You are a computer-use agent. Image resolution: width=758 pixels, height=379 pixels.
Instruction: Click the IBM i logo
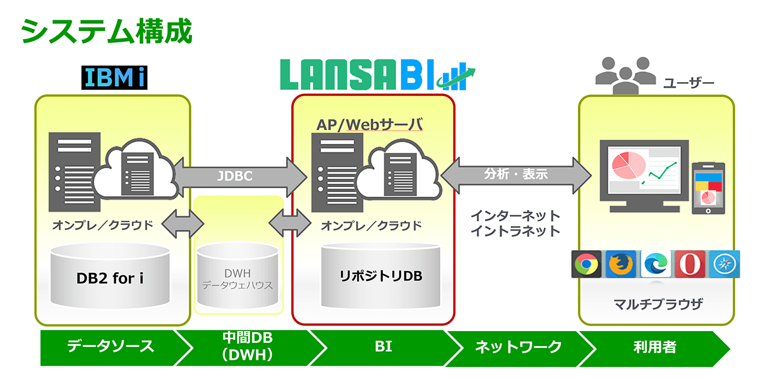114,78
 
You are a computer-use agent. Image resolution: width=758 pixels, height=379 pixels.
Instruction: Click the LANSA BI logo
378,75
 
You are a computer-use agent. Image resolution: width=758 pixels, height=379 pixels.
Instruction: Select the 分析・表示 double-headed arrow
516,175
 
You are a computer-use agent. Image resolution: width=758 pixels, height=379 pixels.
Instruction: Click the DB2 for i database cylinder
110,276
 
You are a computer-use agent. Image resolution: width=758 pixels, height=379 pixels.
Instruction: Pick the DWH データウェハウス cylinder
238,275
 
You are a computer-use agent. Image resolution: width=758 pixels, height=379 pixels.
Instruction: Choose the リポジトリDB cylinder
381,275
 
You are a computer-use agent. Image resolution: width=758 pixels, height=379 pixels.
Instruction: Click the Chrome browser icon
586,264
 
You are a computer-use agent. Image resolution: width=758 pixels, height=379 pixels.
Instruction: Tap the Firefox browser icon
621,264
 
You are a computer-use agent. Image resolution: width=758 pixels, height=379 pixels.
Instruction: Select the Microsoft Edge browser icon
656,264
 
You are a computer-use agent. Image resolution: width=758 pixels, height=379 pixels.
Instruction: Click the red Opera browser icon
690,264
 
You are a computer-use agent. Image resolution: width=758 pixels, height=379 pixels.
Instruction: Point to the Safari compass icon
725,264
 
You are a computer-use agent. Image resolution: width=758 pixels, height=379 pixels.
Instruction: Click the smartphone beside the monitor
708,188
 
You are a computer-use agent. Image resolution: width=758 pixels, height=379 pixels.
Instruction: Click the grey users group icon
625,76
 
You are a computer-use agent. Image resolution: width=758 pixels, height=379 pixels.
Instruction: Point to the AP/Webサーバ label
370,124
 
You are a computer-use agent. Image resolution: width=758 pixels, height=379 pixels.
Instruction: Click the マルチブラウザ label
658,304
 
